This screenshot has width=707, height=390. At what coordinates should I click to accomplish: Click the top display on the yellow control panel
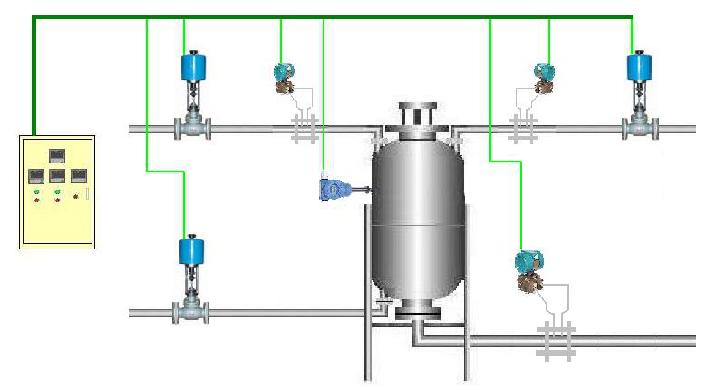point(56,152)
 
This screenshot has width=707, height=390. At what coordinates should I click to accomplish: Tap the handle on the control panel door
point(88,192)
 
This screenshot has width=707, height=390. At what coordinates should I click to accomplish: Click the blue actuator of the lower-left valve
point(193,250)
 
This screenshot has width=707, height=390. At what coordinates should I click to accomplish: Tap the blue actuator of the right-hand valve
point(640,66)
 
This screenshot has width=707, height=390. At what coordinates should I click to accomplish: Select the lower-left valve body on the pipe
point(193,313)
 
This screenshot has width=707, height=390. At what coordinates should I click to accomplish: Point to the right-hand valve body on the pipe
point(640,128)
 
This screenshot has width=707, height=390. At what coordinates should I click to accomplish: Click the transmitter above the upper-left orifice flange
point(285,76)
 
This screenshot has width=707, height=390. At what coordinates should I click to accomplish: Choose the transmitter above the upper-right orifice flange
point(544,76)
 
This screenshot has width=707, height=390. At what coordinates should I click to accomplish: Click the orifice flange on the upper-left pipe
point(304,129)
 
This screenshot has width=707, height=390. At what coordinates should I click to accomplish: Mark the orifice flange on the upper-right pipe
point(523,129)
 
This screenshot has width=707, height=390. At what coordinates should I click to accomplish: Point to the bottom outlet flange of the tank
point(418,313)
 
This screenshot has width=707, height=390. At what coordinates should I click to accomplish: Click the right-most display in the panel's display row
point(79,174)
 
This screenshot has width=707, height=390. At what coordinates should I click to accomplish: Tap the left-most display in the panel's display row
point(36,174)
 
